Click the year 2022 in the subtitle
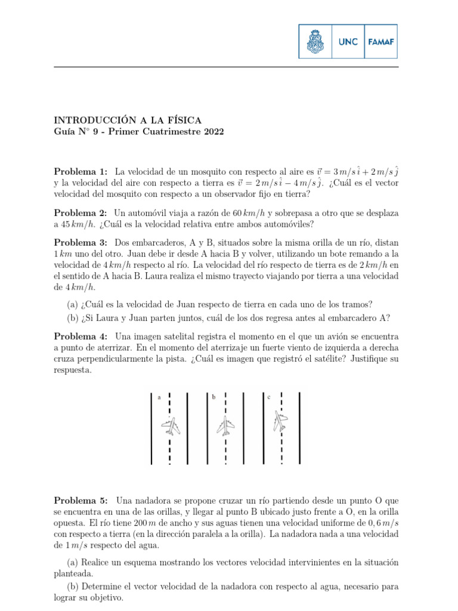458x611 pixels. coord(212,132)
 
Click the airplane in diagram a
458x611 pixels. coord(172,427)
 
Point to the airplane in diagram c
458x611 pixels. coord(280,421)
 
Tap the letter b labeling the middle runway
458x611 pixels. coord(213,397)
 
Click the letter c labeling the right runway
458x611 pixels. coord(269,397)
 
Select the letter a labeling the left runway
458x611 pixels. coord(159,397)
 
